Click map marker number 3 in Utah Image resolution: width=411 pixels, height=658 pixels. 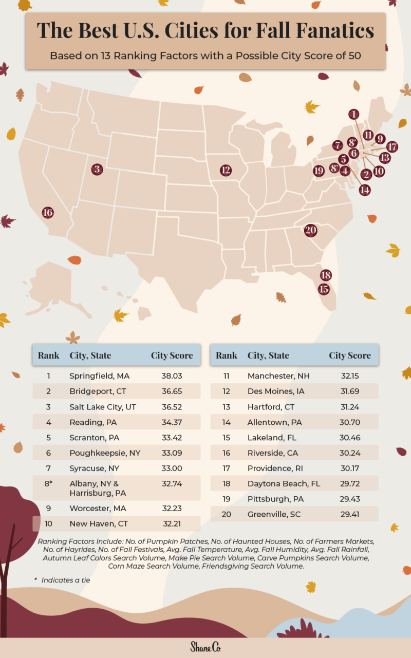click(x=97, y=168)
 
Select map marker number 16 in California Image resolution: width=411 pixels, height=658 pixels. click(x=48, y=212)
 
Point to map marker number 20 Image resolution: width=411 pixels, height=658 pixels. click(x=310, y=230)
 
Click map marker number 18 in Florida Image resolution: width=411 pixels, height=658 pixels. click(x=325, y=275)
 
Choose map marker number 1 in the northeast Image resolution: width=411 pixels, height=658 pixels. click(x=353, y=114)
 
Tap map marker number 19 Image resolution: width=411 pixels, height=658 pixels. click(x=319, y=171)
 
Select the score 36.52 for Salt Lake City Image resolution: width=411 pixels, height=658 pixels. click(x=172, y=407)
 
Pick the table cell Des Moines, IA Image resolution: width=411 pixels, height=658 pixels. click(x=276, y=391)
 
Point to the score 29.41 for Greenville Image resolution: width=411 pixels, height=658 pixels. click(x=350, y=514)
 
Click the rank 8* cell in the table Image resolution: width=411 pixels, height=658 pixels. click(x=48, y=484)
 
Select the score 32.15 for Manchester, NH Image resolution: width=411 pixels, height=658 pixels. click(x=350, y=376)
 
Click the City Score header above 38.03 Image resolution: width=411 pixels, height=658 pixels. click(x=172, y=355)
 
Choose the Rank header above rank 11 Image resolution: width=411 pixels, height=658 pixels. click(x=227, y=355)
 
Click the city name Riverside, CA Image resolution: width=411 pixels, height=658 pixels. click(x=272, y=453)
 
